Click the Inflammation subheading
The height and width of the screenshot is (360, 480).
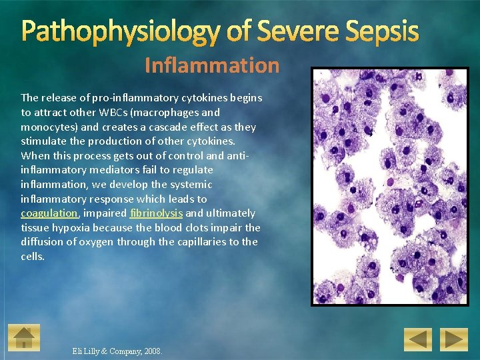coord(212,65)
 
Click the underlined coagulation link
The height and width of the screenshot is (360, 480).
coord(49,213)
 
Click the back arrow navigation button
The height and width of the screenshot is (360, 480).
coord(419,339)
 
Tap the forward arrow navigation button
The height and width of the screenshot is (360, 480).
coord(456,339)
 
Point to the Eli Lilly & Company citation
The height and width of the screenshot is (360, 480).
coord(107,351)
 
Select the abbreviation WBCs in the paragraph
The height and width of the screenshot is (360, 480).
coord(115,112)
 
